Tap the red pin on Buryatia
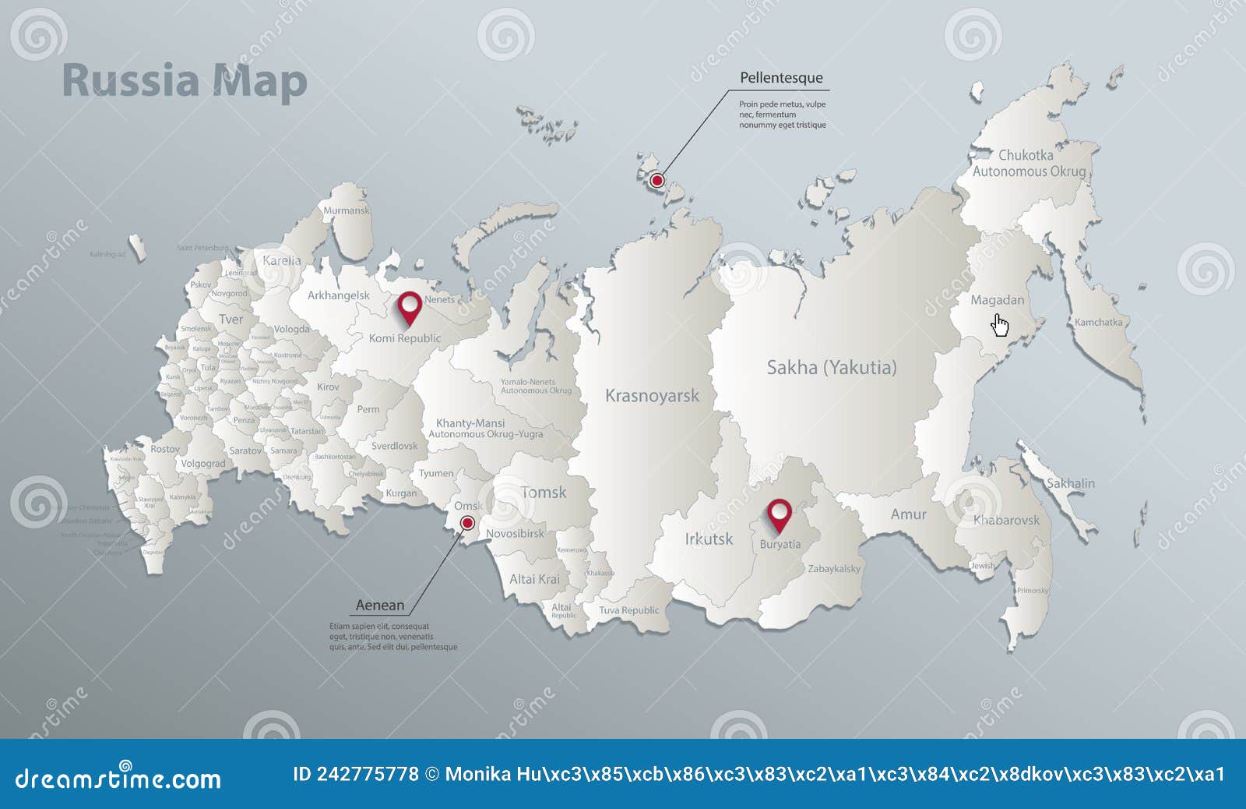779,514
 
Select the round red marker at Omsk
467,523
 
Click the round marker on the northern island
656,181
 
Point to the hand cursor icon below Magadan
1001,325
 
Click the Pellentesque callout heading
781,78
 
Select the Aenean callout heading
380,605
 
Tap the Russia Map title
185,82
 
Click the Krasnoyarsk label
652,396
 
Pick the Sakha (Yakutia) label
832,367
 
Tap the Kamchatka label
1098,322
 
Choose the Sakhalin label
1070,483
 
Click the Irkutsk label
709,539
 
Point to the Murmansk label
347,210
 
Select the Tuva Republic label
628,610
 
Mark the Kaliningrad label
107,254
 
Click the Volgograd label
203,464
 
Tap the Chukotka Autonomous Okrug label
1028,164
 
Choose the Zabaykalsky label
834,569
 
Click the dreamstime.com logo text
118,778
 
